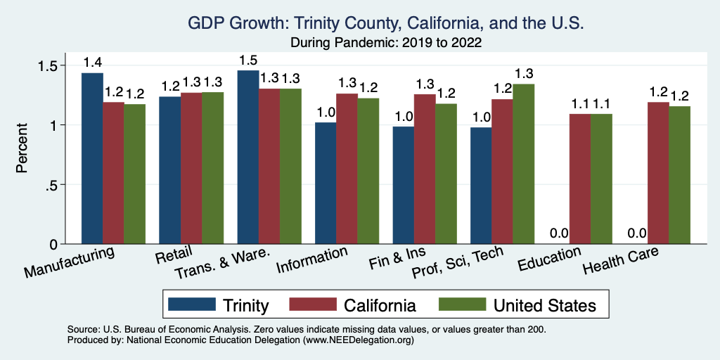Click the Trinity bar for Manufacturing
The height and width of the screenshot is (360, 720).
click(x=92, y=158)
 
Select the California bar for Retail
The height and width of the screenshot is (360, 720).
click(x=191, y=168)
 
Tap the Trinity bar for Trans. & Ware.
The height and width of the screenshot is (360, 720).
click(x=248, y=157)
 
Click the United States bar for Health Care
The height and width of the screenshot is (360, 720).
click(x=679, y=175)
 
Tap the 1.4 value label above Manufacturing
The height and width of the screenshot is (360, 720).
click(x=92, y=62)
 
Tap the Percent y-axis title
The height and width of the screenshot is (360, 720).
click(x=22, y=148)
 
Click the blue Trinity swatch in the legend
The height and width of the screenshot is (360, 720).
click(x=191, y=304)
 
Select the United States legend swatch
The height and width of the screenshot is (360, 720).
click(x=461, y=304)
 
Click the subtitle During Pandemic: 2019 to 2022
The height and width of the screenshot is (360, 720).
click(x=385, y=42)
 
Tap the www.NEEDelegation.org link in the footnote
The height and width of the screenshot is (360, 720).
click(x=358, y=340)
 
